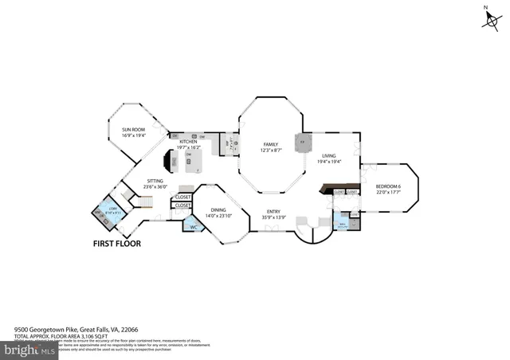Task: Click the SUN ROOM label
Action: click(133, 128)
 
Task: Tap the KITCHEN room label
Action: click(188, 142)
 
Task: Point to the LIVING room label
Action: click(330, 156)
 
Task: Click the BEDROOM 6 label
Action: click(388, 186)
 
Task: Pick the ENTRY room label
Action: click(273, 212)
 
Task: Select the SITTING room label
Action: click(155, 181)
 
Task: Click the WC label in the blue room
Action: click(194, 228)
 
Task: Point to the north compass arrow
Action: click(488, 20)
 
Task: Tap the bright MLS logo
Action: click(29, 348)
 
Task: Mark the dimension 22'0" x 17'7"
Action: click(388, 192)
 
